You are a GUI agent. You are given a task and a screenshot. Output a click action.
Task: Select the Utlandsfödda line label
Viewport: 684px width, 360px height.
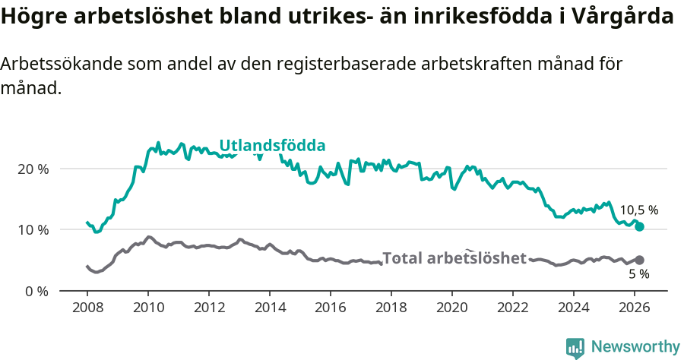coord(272,146)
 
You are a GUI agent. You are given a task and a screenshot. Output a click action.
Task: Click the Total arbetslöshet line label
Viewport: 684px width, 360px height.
coord(454,258)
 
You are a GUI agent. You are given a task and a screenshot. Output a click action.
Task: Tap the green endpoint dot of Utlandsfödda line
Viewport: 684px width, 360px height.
coord(640,226)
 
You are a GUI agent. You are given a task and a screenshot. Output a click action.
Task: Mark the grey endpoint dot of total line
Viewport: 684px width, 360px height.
coord(640,260)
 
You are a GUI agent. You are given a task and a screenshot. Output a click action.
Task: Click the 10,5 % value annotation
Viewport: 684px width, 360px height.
coord(638,210)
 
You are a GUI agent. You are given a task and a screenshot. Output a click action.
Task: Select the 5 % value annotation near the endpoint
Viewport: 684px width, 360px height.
coord(638,274)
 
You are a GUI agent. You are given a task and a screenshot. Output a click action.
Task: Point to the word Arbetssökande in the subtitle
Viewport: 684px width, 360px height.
coord(55,65)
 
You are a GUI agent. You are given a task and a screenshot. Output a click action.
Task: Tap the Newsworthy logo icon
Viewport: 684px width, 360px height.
coord(575,348)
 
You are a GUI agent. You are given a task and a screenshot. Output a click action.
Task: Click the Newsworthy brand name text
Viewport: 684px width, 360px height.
coord(635,347)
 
